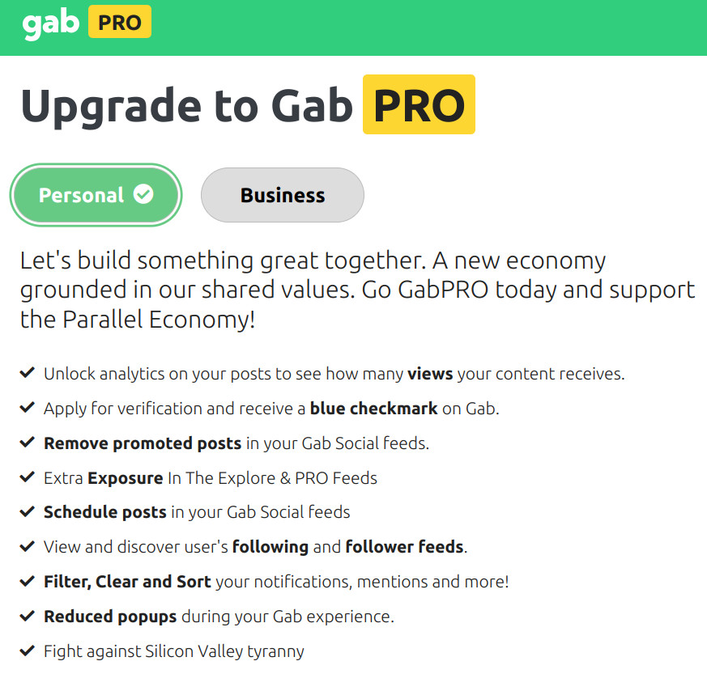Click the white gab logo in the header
click(x=50, y=24)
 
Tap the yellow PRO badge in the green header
click(x=120, y=22)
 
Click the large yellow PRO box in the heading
click(x=419, y=104)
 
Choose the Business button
click(x=283, y=195)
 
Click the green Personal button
click(x=96, y=195)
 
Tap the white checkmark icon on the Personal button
click(x=143, y=194)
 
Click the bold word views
click(x=430, y=374)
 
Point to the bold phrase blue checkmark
click(x=373, y=409)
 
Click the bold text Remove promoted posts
click(x=143, y=443)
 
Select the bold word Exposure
click(x=126, y=478)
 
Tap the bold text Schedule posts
click(x=105, y=513)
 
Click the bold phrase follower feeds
click(x=404, y=547)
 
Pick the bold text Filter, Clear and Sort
click(x=127, y=582)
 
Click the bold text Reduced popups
click(x=110, y=617)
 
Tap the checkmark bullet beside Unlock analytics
click(x=28, y=372)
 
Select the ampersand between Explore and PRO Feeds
click(x=285, y=478)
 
